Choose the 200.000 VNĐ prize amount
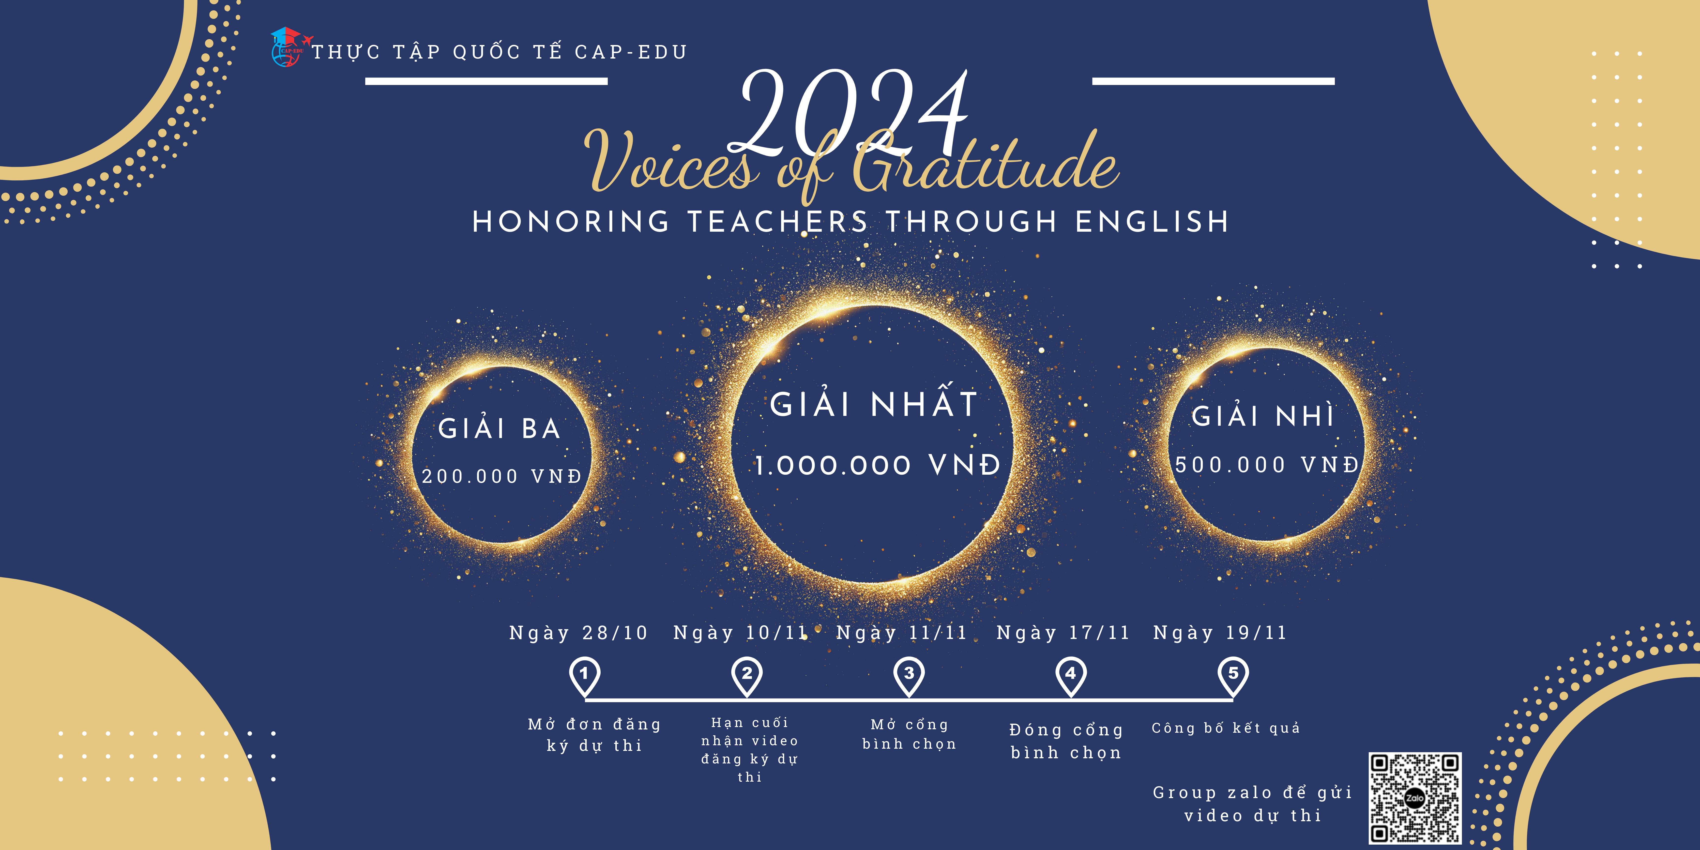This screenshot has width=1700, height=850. pos(501,476)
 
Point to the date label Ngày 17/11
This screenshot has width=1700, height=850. pos(1063,633)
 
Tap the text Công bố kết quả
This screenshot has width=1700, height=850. pos(1226,728)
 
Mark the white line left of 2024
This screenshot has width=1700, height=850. pos(486,81)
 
